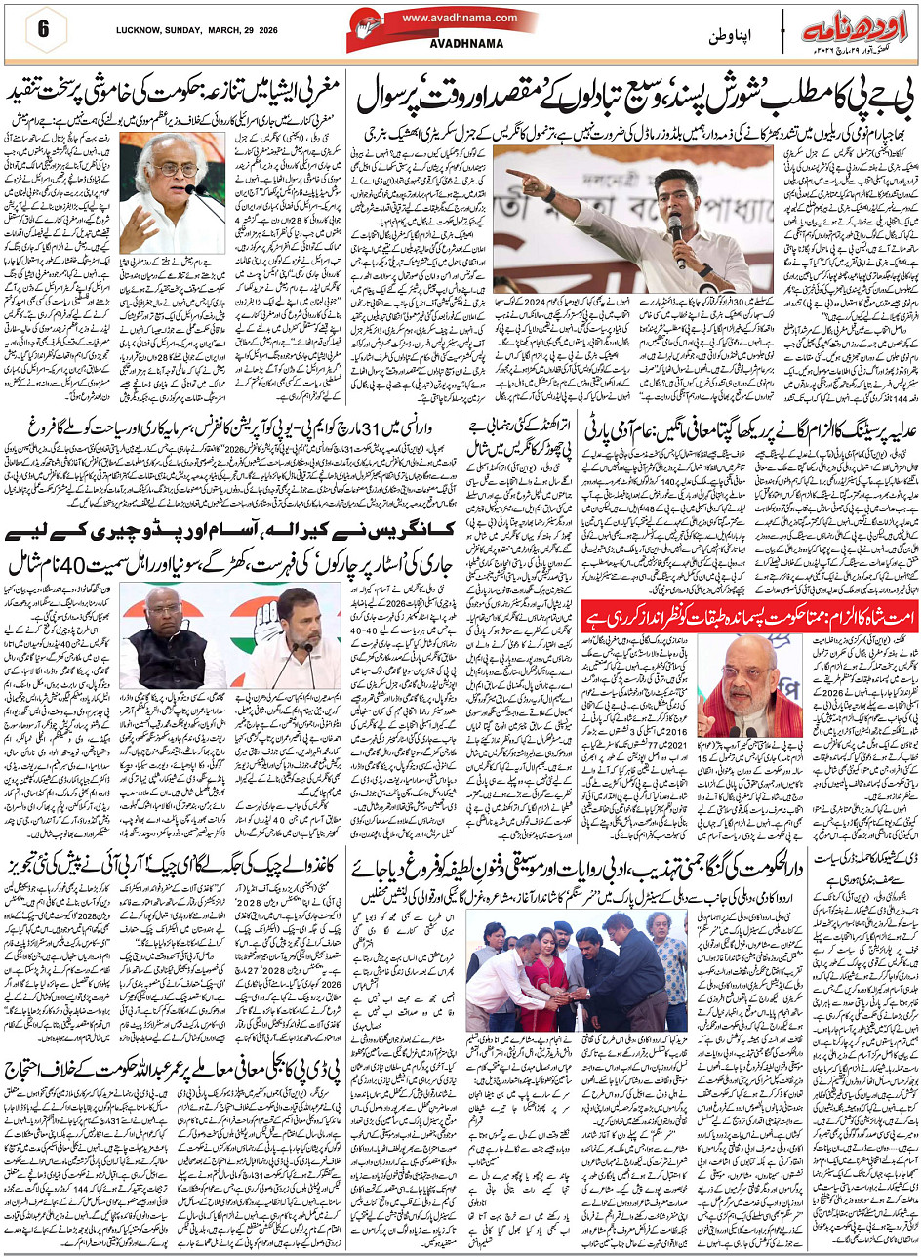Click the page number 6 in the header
pyautogui.click(x=43, y=28)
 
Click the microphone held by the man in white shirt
pyautogui.click(x=674, y=234)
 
